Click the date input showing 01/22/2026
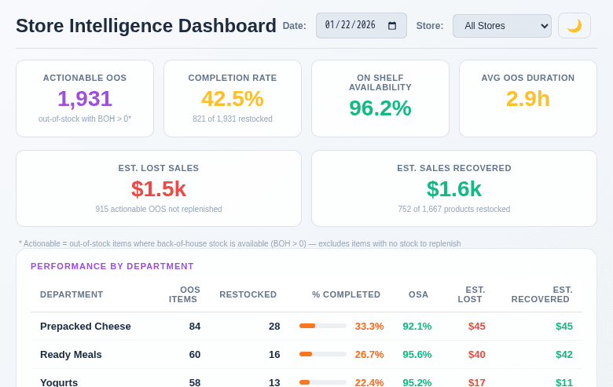click(354, 25)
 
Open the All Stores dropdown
click(501, 25)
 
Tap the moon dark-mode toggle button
click(574, 25)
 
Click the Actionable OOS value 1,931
click(85, 99)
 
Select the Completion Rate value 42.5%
click(233, 99)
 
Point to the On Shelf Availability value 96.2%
click(380, 108)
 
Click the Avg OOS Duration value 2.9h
click(528, 99)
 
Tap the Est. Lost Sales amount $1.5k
click(159, 189)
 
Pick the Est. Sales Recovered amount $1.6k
click(454, 189)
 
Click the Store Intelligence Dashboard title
click(146, 26)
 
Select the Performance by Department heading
click(112, 266)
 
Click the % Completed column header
click(346, 294)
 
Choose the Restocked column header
click(248, 294)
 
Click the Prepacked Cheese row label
click(86, 326)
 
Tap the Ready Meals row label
click(71, 354)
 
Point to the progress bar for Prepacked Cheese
click(322, 326)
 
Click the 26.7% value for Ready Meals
click(369, 354)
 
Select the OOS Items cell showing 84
click(195, 326)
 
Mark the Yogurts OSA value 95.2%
click(417, 382)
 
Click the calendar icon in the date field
click(392, 25)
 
